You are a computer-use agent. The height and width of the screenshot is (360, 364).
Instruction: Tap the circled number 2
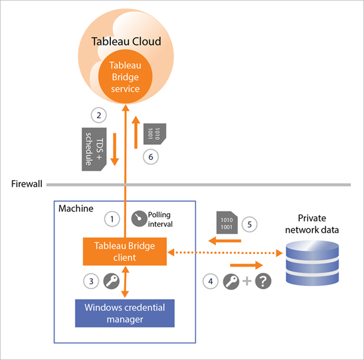96,114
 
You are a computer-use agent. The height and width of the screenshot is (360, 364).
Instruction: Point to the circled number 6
152,156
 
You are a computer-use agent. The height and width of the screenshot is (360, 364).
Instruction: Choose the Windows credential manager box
124,312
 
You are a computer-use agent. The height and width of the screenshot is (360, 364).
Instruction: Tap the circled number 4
210,281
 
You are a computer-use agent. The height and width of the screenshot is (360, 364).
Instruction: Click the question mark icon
263,282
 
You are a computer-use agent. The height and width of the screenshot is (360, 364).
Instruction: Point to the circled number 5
249,222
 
